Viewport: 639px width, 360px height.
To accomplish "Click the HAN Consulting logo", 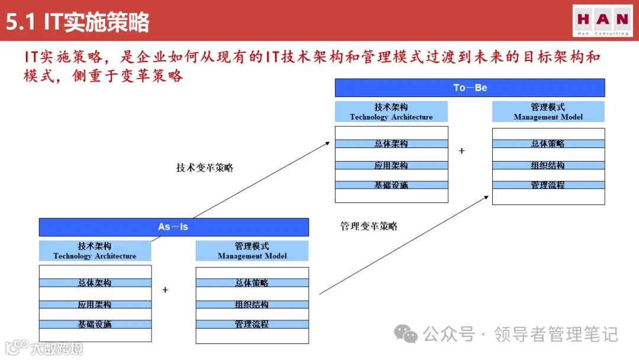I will click(x=602, y=21).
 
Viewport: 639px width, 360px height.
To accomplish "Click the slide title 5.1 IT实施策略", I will click(x=78, y=22).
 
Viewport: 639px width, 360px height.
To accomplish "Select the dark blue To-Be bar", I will click(x=470, y=88).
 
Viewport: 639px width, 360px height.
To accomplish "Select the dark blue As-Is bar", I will click(x=173, y=227).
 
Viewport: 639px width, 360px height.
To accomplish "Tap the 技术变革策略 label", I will click(x=205, y=168).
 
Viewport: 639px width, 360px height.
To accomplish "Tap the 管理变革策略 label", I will click(x=369, y=226).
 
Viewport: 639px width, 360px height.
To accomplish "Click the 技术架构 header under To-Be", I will click(x=391, y=112).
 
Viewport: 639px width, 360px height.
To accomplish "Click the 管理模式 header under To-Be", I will click(x=548, y=112).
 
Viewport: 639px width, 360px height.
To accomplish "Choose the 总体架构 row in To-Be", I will click(x=391, y=144).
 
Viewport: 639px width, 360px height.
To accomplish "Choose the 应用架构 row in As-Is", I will click(x=95, y=304).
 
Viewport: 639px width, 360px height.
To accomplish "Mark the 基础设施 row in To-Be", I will click(x=391, y=185).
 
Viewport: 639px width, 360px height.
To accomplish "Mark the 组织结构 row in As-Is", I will click(x=252, y=304).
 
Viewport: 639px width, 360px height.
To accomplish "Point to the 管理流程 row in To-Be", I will click(x=548, y=185).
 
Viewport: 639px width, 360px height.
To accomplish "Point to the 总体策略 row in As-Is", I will click(x=252, y=283).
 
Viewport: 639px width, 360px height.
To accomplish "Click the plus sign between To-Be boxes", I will click(x=461, y=151).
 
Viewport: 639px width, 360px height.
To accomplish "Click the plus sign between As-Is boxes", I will click(x=165, y=290).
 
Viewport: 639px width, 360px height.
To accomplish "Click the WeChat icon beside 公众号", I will click(x=406, y=335).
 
